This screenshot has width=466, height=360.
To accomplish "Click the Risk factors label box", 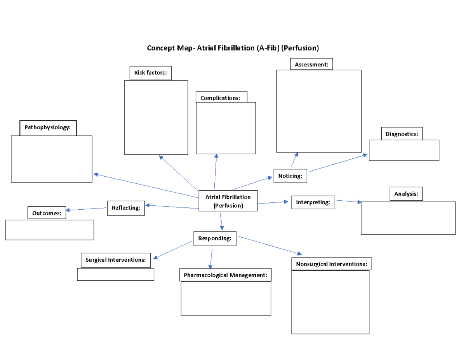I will tap(150, 73).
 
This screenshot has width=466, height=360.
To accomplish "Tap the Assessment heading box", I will tap(311, 64).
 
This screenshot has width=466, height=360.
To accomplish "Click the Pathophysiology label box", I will tap(48, 128).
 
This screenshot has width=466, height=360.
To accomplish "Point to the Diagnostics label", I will tap(402, 134).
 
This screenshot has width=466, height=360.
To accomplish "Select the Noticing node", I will tap(290, 176).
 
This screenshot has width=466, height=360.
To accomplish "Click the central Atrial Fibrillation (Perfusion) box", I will tap(228, 201).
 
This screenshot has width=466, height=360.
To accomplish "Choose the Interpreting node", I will tap(313, 202).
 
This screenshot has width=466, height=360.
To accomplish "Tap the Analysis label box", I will tap(406, 194).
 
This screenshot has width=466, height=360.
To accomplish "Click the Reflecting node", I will tap(126, 208).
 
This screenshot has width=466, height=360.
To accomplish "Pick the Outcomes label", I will tap(47, 213).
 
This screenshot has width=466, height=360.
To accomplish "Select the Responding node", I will tap(215, 238).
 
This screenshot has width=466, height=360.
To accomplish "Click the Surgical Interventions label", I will tap(116, 260).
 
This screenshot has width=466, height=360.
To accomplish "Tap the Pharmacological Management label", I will tap(225, 275).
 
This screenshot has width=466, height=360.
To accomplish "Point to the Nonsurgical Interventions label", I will tap(331, 264).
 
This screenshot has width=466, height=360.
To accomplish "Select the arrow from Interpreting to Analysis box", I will tap(348, 201).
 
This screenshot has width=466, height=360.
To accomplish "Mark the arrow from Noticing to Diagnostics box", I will tap(338, 163).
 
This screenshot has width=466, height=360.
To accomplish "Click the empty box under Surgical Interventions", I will tap(115, 274).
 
